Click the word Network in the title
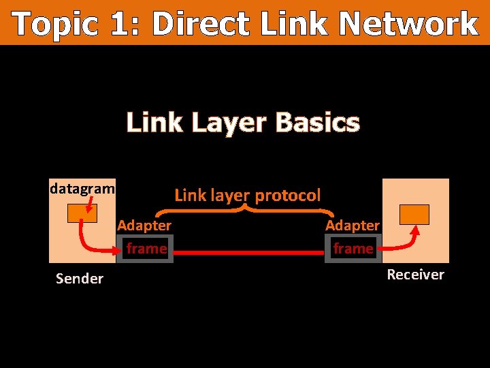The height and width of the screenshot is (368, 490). (x=409, y=24)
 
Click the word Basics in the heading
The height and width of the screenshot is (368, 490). (x=317, y=123)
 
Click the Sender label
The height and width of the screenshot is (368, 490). (x=80, y=278)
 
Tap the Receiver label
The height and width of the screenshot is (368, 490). (x=415, y=275)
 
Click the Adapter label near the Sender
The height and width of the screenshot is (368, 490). (x=144, y=225)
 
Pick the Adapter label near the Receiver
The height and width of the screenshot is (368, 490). (x=353, y=225)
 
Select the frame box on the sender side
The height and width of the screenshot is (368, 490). (x=146, y=249)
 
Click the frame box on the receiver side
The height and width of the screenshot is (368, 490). (x=353, y=249)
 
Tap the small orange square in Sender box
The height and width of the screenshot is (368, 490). (x=82, y=214)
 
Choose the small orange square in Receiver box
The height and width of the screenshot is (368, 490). (x=414, y=214)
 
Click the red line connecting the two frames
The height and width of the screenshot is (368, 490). (x=249, y=253)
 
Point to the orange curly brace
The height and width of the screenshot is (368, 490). (x=248, y=209)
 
